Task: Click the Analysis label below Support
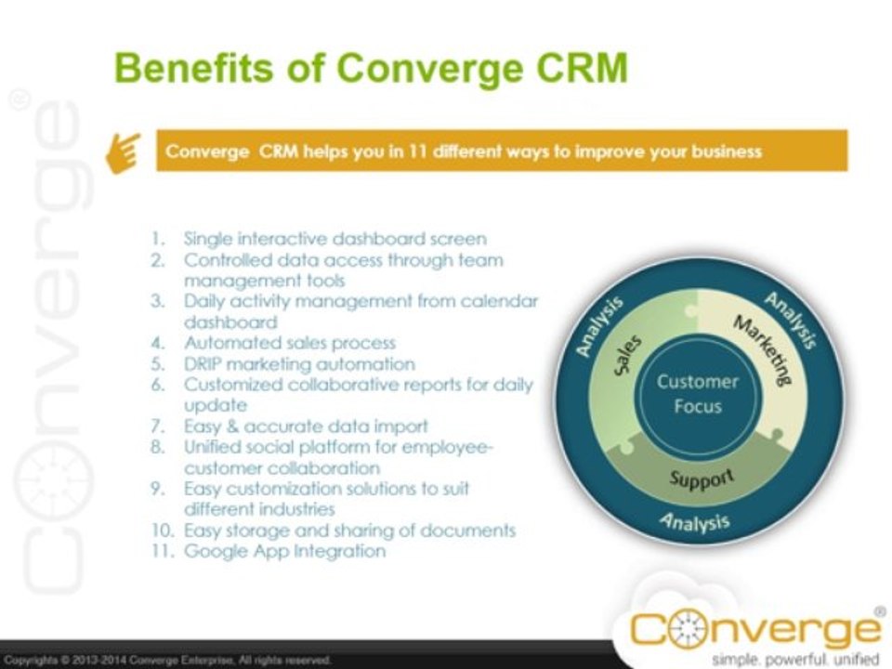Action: click(696, 521)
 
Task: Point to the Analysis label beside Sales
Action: click(597, 327)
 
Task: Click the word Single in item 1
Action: click(206, 239)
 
